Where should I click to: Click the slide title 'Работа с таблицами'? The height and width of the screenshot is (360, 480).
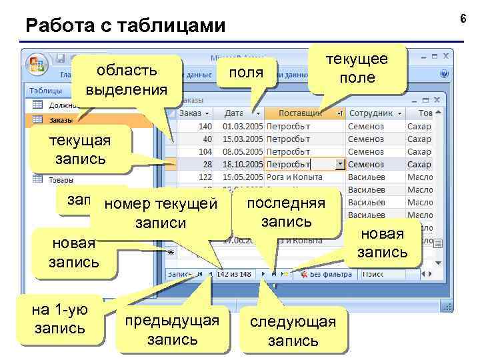point(125,26)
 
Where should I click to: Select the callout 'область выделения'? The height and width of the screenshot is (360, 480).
point(127,79)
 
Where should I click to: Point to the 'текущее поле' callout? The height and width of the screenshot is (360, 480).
point(357,68)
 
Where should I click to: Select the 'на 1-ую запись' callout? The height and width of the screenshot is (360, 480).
point(59,319)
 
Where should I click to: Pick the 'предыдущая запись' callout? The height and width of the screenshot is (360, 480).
point(172,329)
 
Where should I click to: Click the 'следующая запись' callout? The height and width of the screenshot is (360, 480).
point(293,331)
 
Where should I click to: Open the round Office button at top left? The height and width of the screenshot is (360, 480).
point(36,65)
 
